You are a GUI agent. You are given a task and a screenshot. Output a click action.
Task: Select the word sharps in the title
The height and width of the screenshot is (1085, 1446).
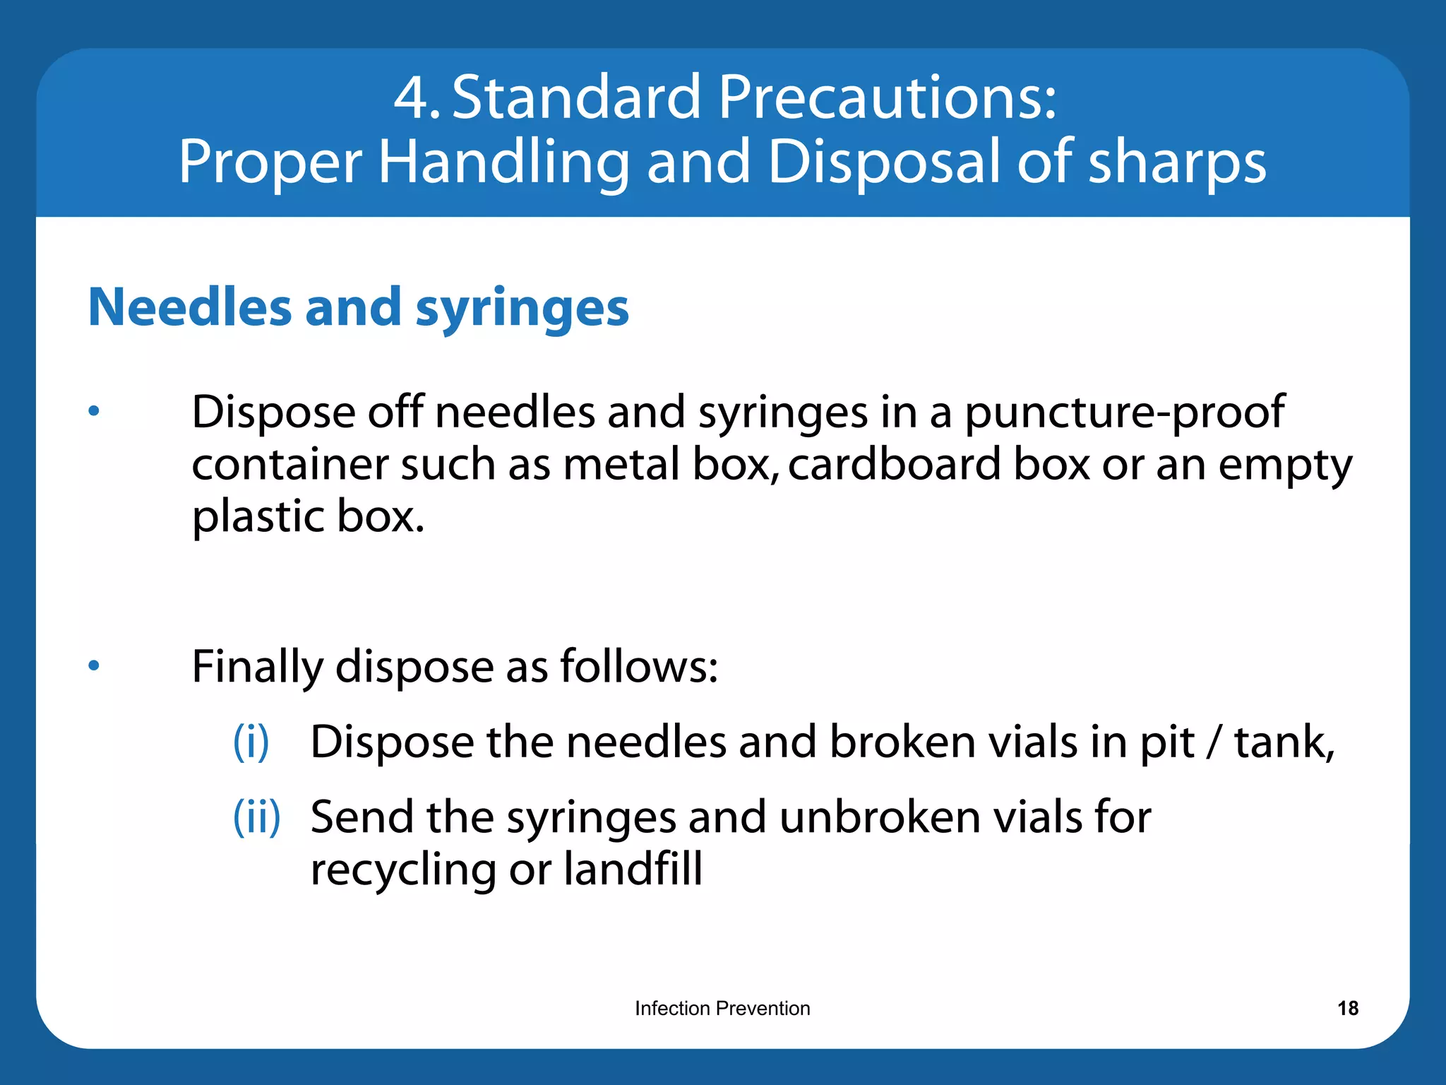[1177, 162]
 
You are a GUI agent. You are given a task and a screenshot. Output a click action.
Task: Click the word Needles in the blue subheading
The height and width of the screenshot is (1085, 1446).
[190, 308]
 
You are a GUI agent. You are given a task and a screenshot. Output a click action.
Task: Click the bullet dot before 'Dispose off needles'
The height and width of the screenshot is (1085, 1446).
[94, 410]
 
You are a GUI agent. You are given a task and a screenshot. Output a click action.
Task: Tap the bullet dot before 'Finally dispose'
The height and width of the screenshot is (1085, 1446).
[94, 665]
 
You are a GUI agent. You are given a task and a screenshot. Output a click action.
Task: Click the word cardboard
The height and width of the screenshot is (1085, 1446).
[894, 464]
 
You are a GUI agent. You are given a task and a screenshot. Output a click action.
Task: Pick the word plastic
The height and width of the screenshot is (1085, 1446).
[258, 517]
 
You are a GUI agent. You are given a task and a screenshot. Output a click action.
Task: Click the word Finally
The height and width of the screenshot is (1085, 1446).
[257, 667]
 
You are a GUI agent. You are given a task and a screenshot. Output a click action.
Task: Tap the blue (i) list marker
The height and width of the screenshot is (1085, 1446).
[251, 742]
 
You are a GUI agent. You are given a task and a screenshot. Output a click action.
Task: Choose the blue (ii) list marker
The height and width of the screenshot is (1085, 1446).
[257, 817]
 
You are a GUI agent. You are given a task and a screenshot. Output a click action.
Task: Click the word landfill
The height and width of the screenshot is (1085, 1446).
[633, 869]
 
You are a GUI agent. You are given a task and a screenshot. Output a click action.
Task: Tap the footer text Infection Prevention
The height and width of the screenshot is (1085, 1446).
[722, 1008]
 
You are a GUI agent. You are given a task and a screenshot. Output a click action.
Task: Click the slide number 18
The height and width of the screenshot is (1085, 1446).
[1347, 1008]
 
